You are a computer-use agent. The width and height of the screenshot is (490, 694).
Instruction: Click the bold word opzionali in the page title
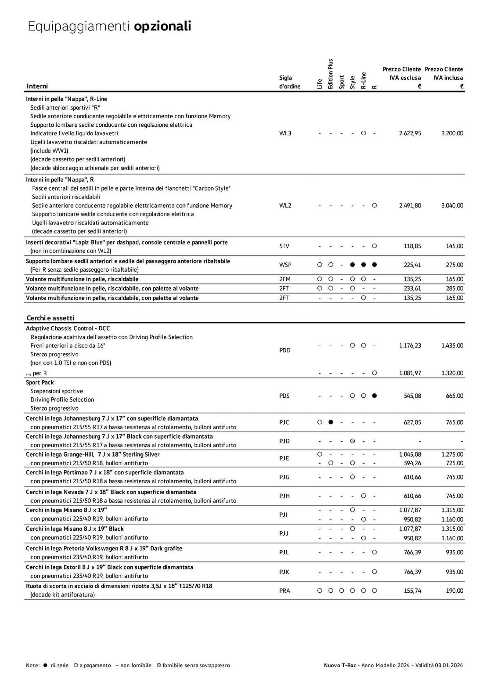tap(162, 26)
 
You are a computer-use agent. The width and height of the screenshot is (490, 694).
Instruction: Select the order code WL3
tap(285, 133)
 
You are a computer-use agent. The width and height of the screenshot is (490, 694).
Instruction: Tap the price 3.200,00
tap(452, 133)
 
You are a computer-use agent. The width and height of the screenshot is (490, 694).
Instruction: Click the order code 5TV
tap(284, 246)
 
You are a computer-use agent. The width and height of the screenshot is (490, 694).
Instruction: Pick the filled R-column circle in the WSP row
tap(374, 265)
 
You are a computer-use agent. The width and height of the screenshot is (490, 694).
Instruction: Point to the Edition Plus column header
tap(330, 74)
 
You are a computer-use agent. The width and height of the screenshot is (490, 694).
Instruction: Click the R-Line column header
tap(363, 81)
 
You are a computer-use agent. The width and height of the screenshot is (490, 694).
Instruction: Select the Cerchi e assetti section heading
tap(51, 318)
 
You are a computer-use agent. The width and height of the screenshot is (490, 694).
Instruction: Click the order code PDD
tap(285, 350)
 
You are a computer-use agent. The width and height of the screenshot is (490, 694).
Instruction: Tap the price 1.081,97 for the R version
tap(410, 373)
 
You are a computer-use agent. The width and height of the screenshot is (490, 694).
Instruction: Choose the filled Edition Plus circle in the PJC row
tap(330, 422)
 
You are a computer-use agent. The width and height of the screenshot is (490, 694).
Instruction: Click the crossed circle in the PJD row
tap(352, 441)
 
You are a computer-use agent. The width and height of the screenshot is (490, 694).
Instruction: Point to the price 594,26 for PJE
tap(412, 463)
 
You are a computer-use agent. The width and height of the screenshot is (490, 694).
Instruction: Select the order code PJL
tap(284, 552)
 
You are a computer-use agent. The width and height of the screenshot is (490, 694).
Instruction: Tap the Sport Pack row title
tap(40, 382)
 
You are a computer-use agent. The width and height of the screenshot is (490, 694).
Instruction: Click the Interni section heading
tap(37, 86)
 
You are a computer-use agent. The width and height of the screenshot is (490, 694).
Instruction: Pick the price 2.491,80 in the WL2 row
tap(410, 205)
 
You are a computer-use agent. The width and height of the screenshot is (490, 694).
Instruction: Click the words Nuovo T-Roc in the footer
tap(340, 665)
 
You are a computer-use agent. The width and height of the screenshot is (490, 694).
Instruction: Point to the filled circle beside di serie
tap(45, 665)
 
